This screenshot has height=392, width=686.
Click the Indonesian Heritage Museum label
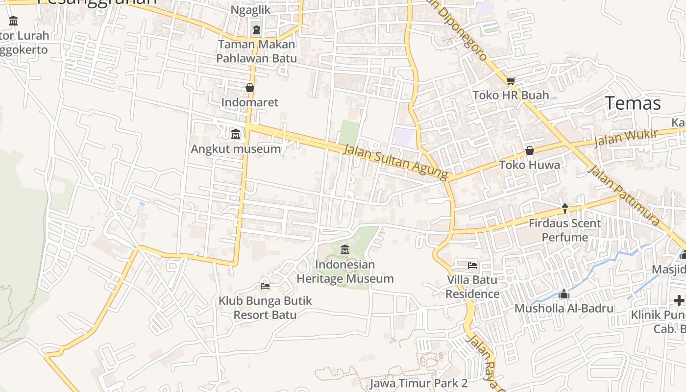[x=345, y=271]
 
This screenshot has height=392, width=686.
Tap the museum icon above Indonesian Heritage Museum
[x=344, y=250]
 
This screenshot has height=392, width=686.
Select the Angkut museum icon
[x=236, y=134]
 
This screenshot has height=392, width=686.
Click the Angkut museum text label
[x=236, y=149]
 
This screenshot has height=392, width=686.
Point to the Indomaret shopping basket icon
[x=250, y=88]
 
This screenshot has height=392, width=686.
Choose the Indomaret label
[x=250, y=102]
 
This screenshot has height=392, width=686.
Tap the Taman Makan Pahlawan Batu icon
[x=257, y=30]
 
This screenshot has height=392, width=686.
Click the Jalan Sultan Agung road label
[x=395, y=161]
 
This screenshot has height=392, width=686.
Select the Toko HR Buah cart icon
[x=511, y=81]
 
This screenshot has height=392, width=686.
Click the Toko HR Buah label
[x=511, y=95]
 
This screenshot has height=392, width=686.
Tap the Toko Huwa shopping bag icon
[x=530, y=150]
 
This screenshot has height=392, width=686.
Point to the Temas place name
[x=633, y=103]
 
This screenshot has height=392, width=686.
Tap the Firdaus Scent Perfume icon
[x=564, y=209]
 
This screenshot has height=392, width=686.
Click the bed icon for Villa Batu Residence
[x=472, y=266]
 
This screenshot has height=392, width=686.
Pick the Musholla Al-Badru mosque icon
[x=564, y=294]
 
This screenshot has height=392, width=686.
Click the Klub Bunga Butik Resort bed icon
[x=265, y=286]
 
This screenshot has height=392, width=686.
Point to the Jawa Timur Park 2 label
[x=418, y=383]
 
